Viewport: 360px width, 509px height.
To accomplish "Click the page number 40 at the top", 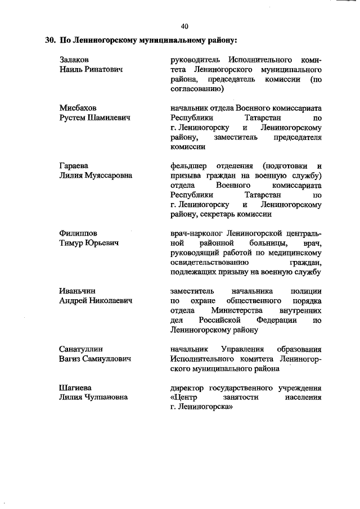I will pyautogui.click(x=184, y=26).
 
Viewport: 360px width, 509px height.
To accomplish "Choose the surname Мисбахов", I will pyautogui.click(x=78, y=108).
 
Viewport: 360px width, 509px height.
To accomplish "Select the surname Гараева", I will pyautogui.click(x=74, y=165).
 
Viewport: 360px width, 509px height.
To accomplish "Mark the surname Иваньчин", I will pyautogui.click(x=78, y=291).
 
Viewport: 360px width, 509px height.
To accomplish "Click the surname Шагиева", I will pyautogui.click(x=75, y=388).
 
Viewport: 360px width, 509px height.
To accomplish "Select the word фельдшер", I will pyautogui.click(x=188, y=165).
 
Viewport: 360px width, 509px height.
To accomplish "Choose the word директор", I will pyautogui.click(x=188, y=388).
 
